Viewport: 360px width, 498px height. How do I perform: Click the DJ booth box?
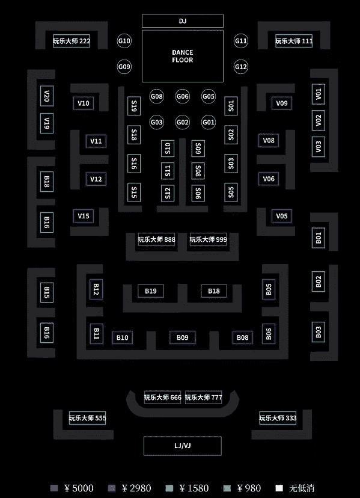[x=183, y=21]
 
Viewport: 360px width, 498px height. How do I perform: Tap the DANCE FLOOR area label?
[x=183, y=56]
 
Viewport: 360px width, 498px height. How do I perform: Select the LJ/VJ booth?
[x=183, y=446]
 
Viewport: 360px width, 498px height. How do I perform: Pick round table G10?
[x=124, y=41]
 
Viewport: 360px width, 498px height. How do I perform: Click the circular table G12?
[x=241, y=67]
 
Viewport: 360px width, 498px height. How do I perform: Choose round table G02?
[x=183, y=122]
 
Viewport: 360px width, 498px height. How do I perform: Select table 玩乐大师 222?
[x=72, y=41]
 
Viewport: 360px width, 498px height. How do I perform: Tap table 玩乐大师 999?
[x=209, y=239]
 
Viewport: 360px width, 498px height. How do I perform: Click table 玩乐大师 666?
[x=162, y=398]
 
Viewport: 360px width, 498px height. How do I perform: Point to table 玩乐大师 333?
[x=278, y=418]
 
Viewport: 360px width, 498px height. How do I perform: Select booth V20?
[x=47, y=96]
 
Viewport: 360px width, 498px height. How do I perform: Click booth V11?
[x=96, y=141]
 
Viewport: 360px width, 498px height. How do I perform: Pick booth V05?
[x=282, y=216]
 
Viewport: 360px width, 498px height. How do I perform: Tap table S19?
[x=134, y=106]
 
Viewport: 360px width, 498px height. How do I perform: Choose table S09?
[x=198, y=149]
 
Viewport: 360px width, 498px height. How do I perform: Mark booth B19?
[x=151, y=291]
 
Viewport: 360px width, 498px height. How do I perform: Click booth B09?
[x=183, y=337]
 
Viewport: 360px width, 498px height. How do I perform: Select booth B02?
[x=319, y=281]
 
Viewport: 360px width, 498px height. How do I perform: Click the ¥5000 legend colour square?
[x=54, y=488]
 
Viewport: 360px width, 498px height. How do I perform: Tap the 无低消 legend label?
[x=302, y=488]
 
